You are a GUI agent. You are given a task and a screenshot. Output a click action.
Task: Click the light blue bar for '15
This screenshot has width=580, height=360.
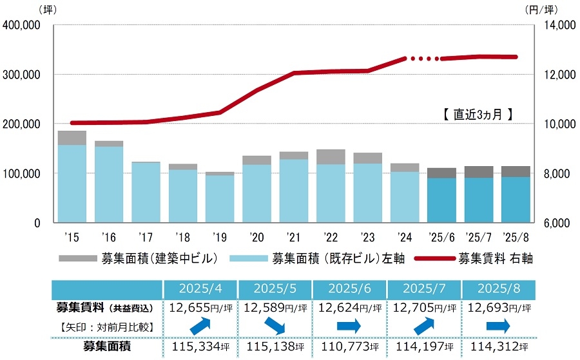pos(72,184)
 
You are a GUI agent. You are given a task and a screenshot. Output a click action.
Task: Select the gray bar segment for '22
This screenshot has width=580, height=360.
pos(331,157)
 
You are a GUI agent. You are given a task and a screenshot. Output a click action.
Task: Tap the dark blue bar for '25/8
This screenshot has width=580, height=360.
pos(516,200)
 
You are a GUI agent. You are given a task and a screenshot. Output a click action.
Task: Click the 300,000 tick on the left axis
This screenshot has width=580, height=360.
pos(24,75)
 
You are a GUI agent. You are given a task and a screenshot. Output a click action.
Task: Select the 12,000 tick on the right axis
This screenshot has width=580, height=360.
pos(556,75)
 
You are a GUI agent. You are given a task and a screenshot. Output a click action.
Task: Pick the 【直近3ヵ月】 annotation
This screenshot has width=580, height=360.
pos(478,115)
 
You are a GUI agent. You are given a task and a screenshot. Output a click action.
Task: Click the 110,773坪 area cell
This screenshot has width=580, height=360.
pos(349,347)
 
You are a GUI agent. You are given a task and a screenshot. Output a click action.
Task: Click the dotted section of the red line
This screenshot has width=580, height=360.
pos(423,59)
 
